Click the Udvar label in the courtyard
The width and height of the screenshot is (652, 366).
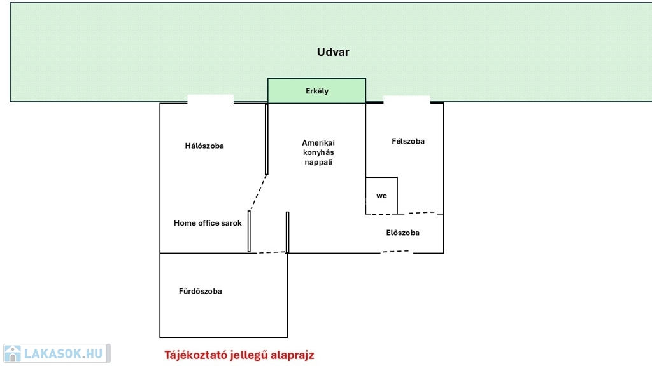pyautogui.click(x=333, y=52)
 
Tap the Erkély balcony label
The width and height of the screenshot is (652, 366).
pyautogui.click(x=317, y=91)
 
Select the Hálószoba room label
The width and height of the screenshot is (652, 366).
pyautogui.click(x=204, y=146)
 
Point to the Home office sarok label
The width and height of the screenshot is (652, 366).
pyautogui.click(x=208, y=223)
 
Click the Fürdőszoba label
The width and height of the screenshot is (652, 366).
pyautogui.click(x=201, y=291)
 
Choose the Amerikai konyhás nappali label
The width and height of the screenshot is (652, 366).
pyautogui.click(x=318, y=152)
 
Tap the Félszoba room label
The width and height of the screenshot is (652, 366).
pyautogui.click(x=408, y=141)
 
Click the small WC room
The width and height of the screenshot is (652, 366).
pyautogui.click(x=381, y=196)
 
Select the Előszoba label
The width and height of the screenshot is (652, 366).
pyautogui.click(x=403, y=233)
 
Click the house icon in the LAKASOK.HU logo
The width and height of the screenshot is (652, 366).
pyautogui.click(x=13, y=353)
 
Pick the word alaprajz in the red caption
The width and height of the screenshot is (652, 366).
pyautogui.click(x=289, y=355)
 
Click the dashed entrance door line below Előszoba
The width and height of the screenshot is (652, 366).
pyautogui.click(x=397, y=252)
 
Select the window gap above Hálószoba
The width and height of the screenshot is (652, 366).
pyautogui.click(x=211, y=99)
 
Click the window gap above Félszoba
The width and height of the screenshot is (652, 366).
pyautogui.click(x=407, y=100)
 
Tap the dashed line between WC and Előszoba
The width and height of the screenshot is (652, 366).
pyautogui.click(x=417, y=213)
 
